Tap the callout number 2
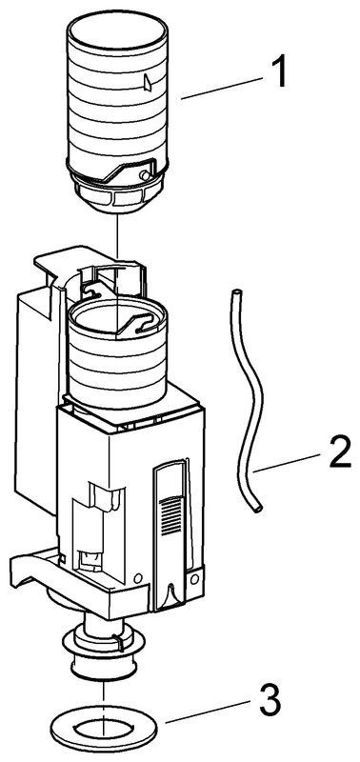click(340, 454)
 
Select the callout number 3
click(270, 701)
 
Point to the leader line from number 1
click(222, 88)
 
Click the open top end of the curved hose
click(236, 292)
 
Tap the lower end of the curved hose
click(258, 509)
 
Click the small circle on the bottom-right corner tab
click(194, 579)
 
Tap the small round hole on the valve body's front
click(137, 578)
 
